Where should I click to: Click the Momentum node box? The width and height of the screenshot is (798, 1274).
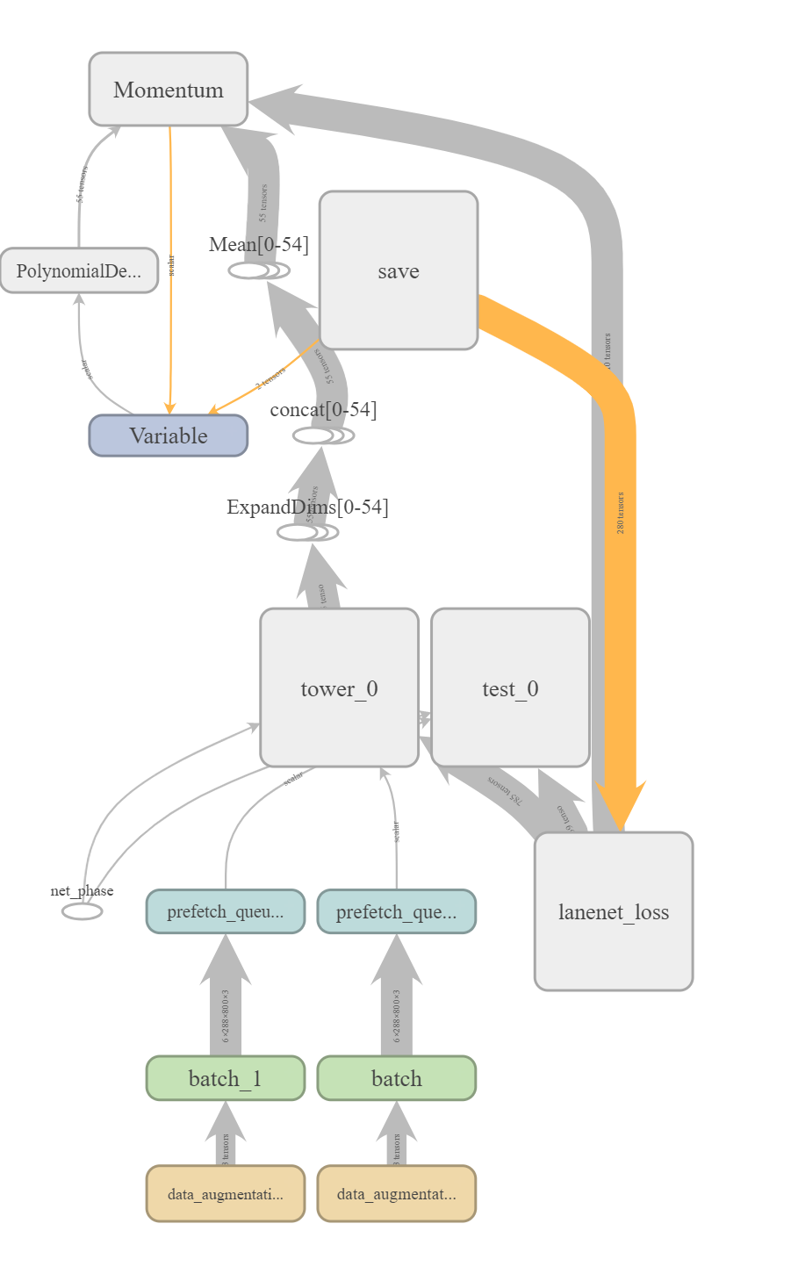168,90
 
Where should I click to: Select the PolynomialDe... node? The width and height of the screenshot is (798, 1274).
79,270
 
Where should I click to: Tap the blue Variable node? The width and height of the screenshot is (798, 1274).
168,435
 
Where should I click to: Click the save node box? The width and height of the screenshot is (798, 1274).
398,270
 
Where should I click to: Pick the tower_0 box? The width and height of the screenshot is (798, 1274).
339,687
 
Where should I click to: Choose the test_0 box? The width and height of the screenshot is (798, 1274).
510,687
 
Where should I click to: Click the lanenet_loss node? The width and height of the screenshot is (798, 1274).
613,911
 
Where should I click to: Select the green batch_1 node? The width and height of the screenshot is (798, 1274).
225,1078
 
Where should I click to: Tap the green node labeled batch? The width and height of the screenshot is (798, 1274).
396,1078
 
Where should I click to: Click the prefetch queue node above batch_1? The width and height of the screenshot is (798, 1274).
225,911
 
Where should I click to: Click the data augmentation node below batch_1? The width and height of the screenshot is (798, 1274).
225,1193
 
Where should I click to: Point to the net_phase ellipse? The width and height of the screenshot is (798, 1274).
82,911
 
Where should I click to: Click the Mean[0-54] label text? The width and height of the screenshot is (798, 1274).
259,244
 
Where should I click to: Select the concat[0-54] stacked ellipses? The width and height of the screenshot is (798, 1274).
322,435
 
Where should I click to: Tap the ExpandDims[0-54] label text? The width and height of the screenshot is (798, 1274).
307,507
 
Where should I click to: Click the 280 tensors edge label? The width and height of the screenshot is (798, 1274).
621,513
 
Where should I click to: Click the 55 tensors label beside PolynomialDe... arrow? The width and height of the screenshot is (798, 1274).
81,184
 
